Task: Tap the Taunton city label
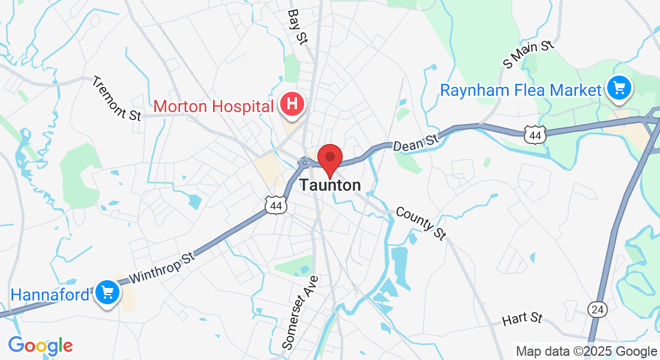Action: [x=331, y=185]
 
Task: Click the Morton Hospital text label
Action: [x=214, y=107]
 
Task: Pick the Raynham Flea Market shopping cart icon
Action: [x=619, y=88]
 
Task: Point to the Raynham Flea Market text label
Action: [x=520, y=91]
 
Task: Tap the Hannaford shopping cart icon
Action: [x=108, y=293]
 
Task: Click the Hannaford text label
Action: [x=50, y=295]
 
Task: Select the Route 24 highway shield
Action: [x=598, y=310]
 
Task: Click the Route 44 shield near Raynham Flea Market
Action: [x=535, y=135]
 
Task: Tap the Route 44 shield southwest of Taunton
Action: [x=276, y=206]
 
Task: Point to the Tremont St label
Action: [x=116, y=98]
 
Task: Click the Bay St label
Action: [x=297, y=26]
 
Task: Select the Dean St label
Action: [x=416, y=142]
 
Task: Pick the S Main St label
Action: [x=527, y=53]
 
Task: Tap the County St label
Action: [x=421, y=224]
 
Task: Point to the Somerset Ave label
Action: [x=301, y=312]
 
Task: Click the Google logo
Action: [x=40, y=346]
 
